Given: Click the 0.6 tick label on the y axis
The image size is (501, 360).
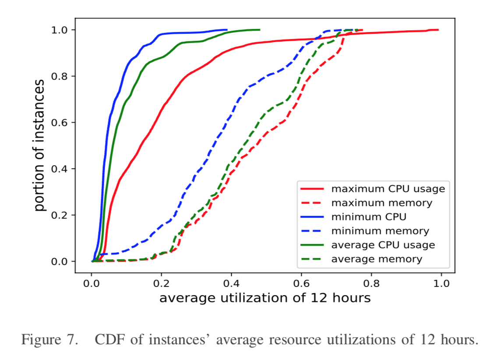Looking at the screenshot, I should tap(60, 122).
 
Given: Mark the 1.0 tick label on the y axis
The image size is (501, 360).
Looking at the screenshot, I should tap(60, 30).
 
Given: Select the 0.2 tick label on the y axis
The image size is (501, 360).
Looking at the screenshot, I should tap(60, 215).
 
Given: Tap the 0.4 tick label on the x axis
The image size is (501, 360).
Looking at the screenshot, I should tap(232, 282).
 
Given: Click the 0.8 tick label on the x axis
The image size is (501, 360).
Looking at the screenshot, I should tap(371, 282).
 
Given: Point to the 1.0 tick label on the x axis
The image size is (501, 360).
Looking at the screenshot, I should tap(441, 282).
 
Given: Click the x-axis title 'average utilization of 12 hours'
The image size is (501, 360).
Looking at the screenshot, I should tap(265, 298).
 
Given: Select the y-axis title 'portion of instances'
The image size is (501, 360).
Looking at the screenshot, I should tap(40, 146).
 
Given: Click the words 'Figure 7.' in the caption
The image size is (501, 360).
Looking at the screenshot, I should tap(47, 340).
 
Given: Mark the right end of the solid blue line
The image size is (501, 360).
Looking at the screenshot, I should tap(227, 30).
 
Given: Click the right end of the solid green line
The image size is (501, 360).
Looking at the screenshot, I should tap(260, 30).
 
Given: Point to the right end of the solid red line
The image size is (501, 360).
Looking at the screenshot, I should tap(438, 30).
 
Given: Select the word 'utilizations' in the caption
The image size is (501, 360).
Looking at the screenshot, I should tap(358, 340).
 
